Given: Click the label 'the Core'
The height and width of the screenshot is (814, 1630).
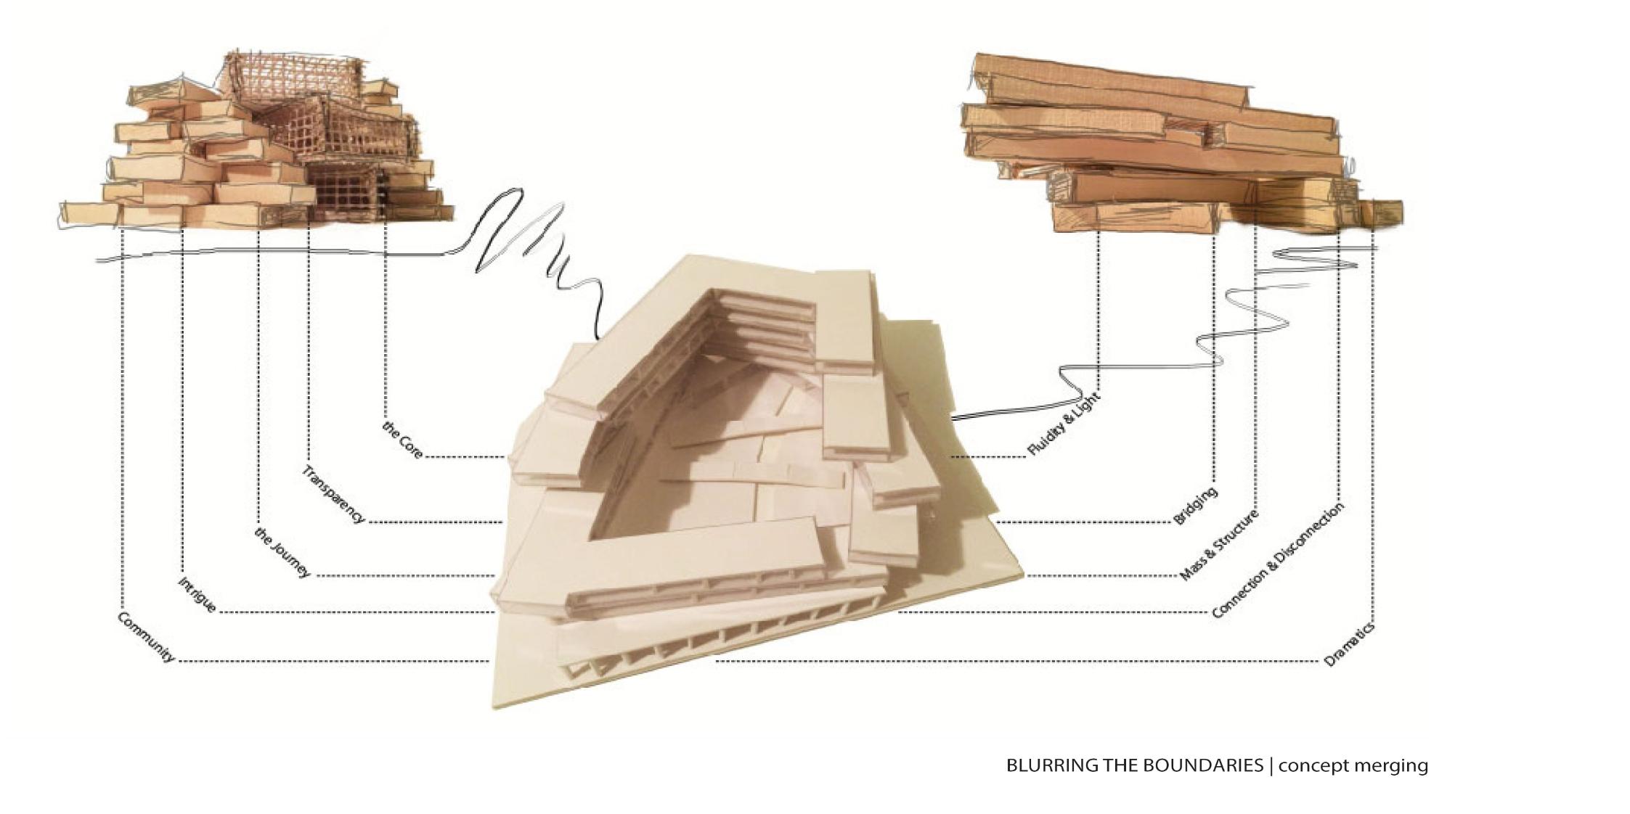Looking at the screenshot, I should (402, 439).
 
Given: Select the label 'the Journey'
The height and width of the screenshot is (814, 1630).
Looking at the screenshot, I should (282, 553).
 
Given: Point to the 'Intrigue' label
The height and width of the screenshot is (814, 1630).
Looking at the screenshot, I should (197, 595).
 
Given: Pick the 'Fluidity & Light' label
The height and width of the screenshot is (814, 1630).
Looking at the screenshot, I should (1064, 424).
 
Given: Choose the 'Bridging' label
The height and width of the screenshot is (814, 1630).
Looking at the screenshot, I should (1195, 506).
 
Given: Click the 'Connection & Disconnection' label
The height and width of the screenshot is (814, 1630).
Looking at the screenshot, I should (1278, 561).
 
